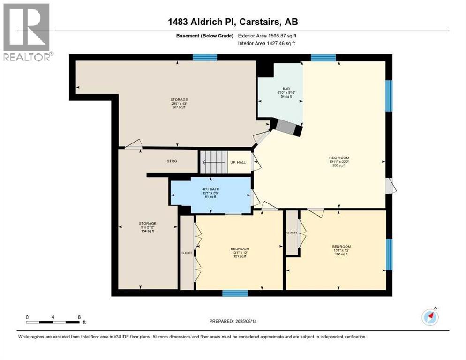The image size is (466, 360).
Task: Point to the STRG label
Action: (172, 161)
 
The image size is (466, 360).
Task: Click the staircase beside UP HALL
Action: (214, 163)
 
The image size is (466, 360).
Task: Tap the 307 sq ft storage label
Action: (179, 103)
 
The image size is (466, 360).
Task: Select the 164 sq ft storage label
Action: (148, 227)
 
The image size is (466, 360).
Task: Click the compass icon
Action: (430, 317)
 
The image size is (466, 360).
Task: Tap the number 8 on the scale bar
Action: (79, 317)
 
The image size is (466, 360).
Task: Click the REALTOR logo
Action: (27, 32)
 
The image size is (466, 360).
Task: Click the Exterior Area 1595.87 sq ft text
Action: (267, 36)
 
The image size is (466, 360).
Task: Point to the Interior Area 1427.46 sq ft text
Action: (267, 44)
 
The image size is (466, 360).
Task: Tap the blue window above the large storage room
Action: (205, 58)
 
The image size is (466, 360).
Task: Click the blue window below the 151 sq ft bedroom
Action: (234, 293)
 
